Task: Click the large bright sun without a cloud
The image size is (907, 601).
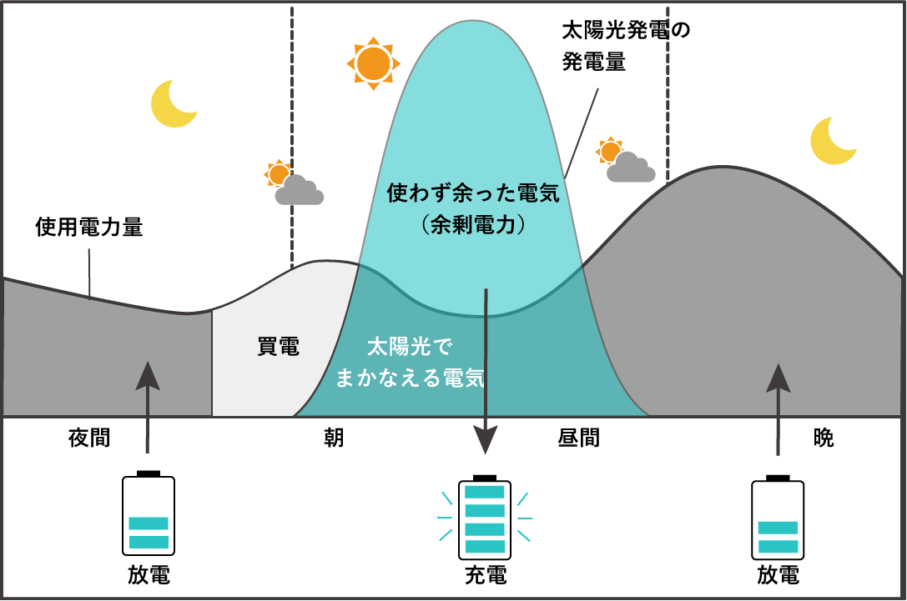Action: pyautogui.click(x=373, y=63)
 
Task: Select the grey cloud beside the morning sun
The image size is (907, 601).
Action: pyautogui.click(x=299, y=190)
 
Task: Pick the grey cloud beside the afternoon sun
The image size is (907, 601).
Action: pyautogui.click(x=631, y=167)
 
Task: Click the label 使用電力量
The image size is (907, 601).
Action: pyautogui.click(x=89, y=227)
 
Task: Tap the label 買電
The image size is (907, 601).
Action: pyautogui.click(x=278, y=347)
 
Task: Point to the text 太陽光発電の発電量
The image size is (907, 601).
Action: pyautogui.click(x=627, y=46)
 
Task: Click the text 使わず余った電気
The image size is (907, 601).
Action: pyautogui.click(x=473, y=193)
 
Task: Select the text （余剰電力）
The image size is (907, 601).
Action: pyautogui.click(x=473, y=224)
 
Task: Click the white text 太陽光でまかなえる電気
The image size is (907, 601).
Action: pyautogui.click(x=411, y=363)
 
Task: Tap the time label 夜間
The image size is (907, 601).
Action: pyautogui.click(x=89, y=438)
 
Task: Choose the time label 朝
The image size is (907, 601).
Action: pyautogui.click(x=334, y=438)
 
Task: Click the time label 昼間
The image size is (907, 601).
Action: pyautogui.click(x=578, y=438)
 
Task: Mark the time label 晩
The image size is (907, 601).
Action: pyautogui.click(x=823, y=438)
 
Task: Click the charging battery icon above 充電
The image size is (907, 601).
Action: pyautogui.click(x=485, y=518)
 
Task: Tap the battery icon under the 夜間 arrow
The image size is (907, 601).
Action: pyautogui.click(x=149, y=513)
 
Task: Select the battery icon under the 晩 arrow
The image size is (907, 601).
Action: pyautogui.click(x=778, y=518)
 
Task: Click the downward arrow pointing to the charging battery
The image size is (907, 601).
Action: pyautogui.click(x=486, y=371)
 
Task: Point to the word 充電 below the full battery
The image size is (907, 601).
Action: pyautogui.click(x=486, y=575)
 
